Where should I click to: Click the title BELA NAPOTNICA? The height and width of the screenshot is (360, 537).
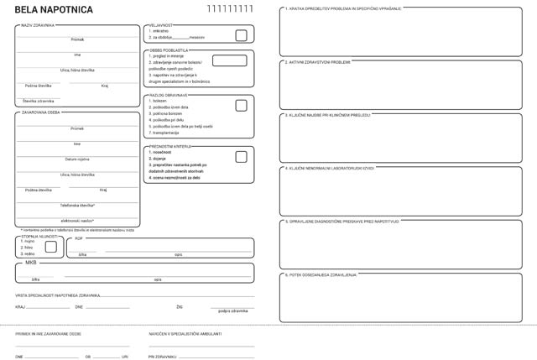pos(43,10)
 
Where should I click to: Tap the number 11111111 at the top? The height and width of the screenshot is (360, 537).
pos(229,9)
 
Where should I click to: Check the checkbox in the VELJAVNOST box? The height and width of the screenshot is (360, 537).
pos(242,35)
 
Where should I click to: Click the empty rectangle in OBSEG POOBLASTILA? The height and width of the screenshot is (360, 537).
pos(229,60)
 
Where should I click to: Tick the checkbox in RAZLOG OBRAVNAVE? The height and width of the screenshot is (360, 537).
pos(242,106)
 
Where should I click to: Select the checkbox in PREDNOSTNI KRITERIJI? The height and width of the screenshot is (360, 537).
pos(242,157)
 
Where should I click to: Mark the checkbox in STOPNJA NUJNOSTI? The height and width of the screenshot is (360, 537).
pos(50,247)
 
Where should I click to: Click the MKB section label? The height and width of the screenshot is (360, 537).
pos(32,263)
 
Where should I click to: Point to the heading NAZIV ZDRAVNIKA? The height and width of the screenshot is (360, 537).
pos(38,25)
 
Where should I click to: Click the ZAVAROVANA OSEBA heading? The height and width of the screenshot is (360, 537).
pos(40,112)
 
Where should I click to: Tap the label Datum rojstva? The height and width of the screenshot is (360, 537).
pos(77,159)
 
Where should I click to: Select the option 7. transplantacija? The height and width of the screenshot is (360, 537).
pos(166,133)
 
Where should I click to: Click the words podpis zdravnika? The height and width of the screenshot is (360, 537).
pos(232,310)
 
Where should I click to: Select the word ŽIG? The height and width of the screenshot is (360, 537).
pos(180,307)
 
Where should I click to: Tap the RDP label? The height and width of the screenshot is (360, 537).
pos(79,238)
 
